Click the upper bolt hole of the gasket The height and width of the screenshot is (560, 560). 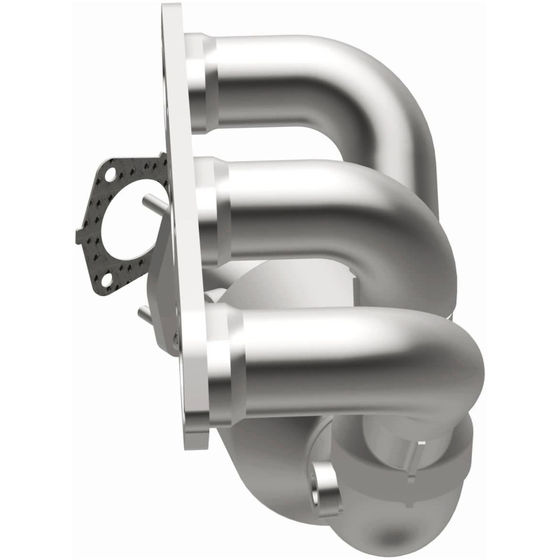click(109, 170)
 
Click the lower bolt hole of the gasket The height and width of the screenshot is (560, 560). click(106, 280)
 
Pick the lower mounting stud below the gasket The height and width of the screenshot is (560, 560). click(146, 314)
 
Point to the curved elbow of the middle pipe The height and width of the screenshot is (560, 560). click(420, 231)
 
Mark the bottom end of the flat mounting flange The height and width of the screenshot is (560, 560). click(196, 437)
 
